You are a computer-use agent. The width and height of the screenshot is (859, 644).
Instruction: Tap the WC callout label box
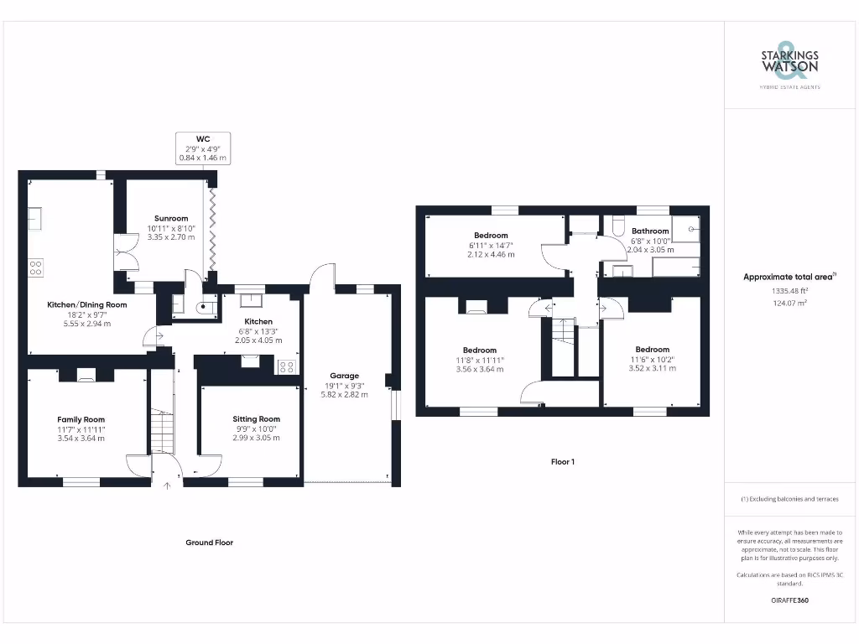coord(203,147)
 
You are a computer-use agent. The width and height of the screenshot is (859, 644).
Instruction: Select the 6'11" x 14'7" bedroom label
coord(491,244)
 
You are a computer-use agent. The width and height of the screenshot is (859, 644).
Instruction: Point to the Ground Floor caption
coord(209,543)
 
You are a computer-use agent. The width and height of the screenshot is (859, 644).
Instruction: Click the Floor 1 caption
coord(562,461)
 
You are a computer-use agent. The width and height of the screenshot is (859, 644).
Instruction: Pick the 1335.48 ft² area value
coord(789,291)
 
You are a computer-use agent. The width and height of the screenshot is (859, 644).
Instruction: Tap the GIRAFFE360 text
coord(789,600)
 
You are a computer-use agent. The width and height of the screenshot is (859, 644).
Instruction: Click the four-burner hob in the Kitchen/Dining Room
coord(35,268)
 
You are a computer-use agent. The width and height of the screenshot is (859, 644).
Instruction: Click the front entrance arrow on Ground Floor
coord(166,484)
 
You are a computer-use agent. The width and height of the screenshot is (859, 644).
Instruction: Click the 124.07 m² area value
coord(789,303)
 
